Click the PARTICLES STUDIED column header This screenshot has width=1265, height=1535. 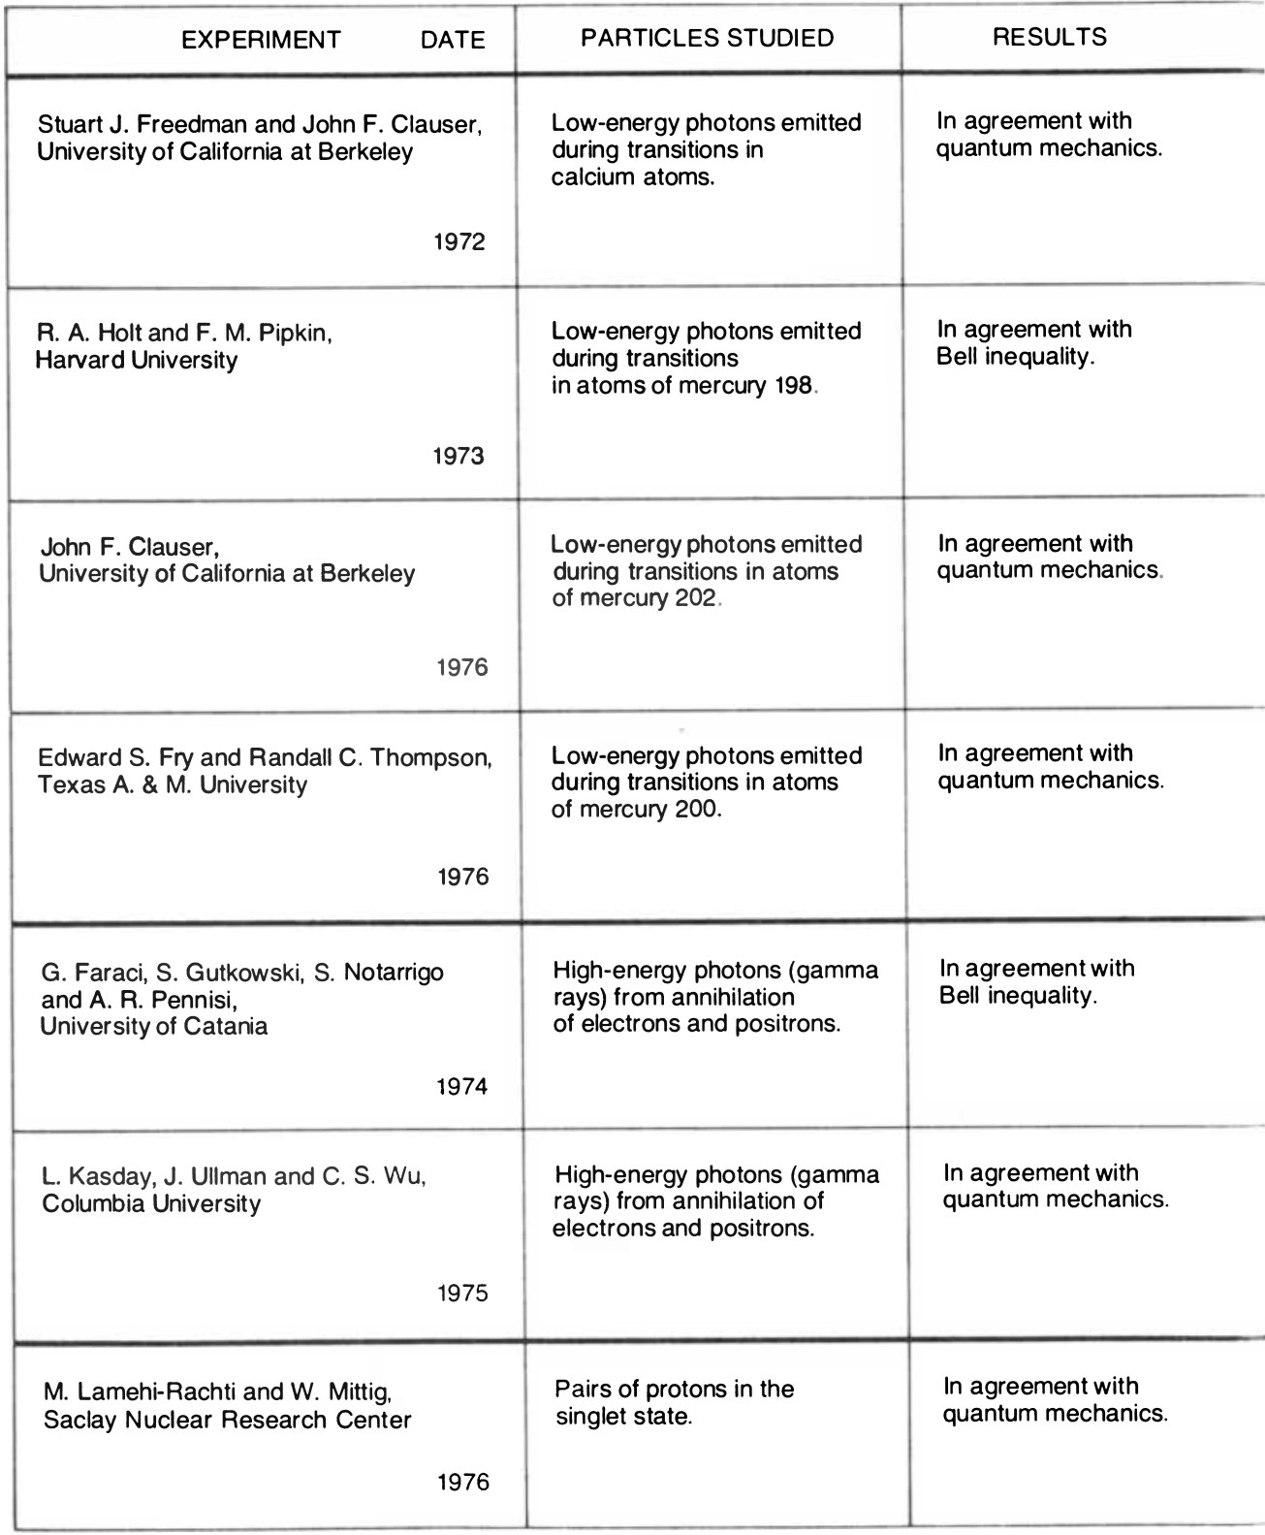point(707,38)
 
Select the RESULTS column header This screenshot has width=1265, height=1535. point(1050,37)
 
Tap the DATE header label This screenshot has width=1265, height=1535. point(453,40)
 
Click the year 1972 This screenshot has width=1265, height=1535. point(459,241)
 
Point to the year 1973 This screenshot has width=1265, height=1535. point(459,456)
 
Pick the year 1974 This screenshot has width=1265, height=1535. point(461,1086)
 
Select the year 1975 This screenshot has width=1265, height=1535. point(462,1294)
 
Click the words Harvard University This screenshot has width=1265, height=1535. point(137,360)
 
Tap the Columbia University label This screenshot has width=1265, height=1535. point(151,1203)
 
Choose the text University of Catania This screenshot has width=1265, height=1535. point(154,1026)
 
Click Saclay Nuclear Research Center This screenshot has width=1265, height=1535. point(228,1420)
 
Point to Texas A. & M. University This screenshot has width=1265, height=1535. point(173,784)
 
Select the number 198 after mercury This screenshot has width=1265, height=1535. point(794,385)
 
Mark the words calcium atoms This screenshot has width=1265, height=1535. point(633,177)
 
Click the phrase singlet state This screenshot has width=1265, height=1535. point(623,1417)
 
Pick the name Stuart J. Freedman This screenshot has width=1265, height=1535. point(140,125)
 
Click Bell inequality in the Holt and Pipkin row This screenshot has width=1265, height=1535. point(1015,356)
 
